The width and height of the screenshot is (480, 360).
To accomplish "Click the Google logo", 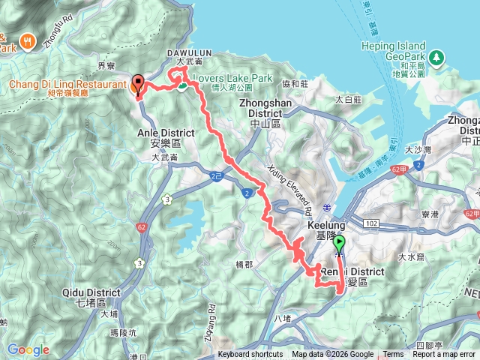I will (x=28, y=349).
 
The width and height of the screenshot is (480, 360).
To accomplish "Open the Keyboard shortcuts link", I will (x=250, y=355).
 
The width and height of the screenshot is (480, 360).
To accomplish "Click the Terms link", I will (x=393, y=355).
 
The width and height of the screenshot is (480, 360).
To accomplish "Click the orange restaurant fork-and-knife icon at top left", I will (x=29, y=40).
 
